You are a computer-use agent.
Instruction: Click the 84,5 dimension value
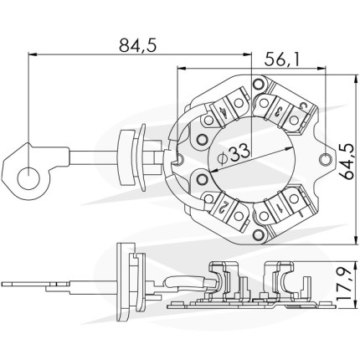tap(137, 45)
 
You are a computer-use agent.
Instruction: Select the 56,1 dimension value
tap(282, 59)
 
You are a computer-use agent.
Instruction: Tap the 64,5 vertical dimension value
tap(347, 162)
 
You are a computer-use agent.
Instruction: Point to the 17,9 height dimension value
tap(345, 284)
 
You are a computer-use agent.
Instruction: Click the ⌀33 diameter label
tap(234, 154)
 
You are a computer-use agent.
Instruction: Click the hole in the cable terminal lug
tap(28, 178)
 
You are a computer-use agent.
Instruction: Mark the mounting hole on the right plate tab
tap(326, 160)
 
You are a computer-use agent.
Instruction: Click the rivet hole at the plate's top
tap(259, 84)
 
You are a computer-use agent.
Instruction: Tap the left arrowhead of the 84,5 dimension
tap(33, 55)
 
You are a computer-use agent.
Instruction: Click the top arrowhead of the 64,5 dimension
tap(356, 79)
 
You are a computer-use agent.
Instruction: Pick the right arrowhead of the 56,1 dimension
tap(322, 68)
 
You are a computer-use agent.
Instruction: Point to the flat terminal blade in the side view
tap(35, 285)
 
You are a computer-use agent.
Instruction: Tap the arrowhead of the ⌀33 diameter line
tap(213, 170)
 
